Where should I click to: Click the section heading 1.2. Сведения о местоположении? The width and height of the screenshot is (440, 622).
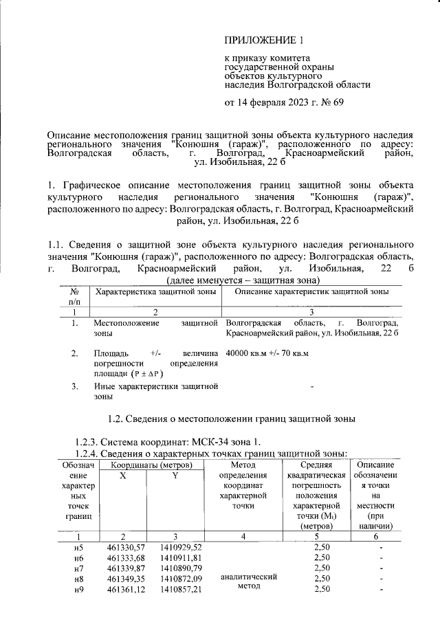click(232, 419)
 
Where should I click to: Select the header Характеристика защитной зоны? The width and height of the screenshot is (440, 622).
click(156, 292)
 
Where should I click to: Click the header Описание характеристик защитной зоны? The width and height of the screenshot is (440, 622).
click(311, 292)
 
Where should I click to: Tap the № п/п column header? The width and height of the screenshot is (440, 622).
click(74, 297)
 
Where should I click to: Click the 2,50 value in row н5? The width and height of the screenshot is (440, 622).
click(322, 546)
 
